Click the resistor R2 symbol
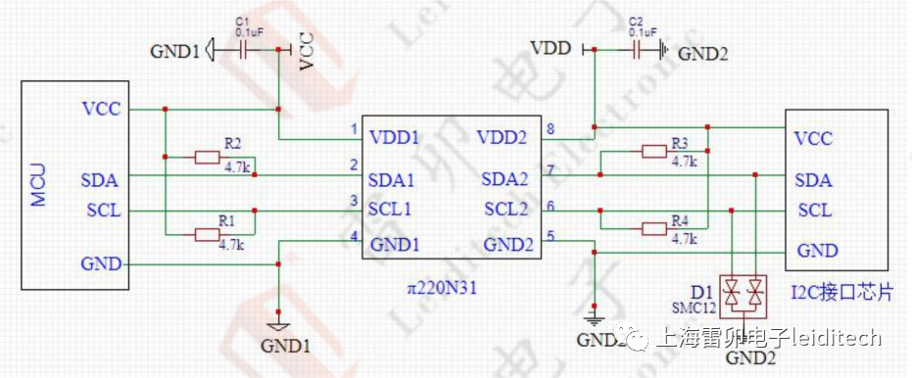pyautogui.click(x=208, y=157)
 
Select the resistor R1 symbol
pyautogui.click(x=208, y=233)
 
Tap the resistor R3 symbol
pyautogui.click(x=654, y=151)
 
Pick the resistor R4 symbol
pyautogui.click(x=654, y=228)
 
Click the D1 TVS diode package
pyautogui.click(x=743, y=291)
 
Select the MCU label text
pyautogui.click(x=37, y=185)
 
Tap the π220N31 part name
pyautogui.click(x=443, y=290)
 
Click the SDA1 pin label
pyautogui.click(x=392, y=181)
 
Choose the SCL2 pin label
pyautogui.click(x=506, y=209)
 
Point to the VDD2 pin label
pyautogui.click(x=504, y=137)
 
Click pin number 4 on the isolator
pyautogui.click(x=355, y=235)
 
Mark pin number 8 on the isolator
pyautogui.click(x=551, y=128)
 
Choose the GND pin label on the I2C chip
pyautogui.click(x=817, y=251)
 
